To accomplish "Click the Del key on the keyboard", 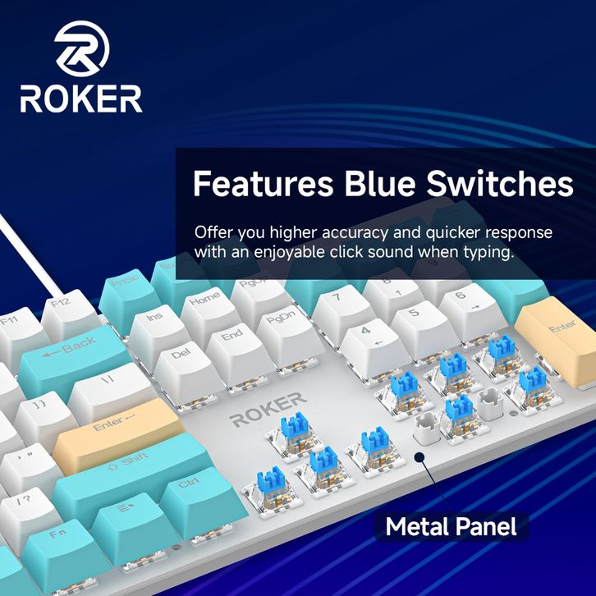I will tap(182, 360).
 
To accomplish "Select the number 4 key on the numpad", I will tap(367, 335).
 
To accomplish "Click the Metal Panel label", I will tap(452, 525).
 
